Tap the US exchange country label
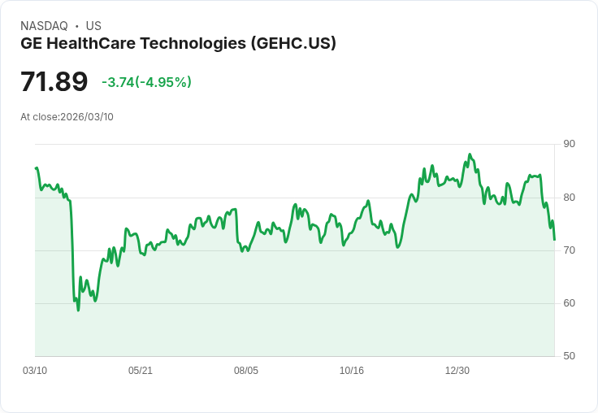tap(93, 26)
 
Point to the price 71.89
tap(54, 82)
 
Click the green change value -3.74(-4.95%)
tap(146, 82)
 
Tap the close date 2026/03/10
tap(87, 117)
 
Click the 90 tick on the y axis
tap(569, 144)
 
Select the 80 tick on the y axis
tap(569, 197)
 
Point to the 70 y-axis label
tap(569, 250)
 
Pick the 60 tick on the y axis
tap(569, 302)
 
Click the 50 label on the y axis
tap(569, 355)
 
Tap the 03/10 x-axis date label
tap(35, 371)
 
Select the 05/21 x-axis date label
tap(141, 371)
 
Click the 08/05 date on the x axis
tap(246, 371)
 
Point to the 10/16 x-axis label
tap(352, 371)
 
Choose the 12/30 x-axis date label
tap(457, 371)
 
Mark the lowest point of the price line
tap(78, 310)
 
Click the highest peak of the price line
tap(470, 154)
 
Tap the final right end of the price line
tap(554, 240)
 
